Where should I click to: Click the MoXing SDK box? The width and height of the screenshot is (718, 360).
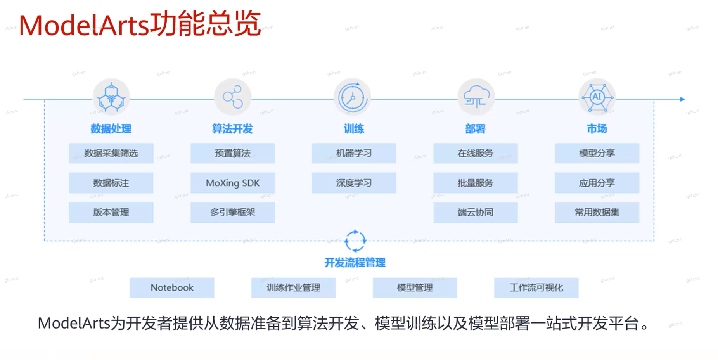(232, 183)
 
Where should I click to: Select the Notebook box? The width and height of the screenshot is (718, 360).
(172, 287)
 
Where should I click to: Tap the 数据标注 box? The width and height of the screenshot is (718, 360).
(111, 183)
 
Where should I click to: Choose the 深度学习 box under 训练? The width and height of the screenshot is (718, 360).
(354, 183)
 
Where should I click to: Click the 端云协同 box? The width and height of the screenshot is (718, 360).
(475, 212)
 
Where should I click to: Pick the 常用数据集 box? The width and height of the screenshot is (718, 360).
(597, 212)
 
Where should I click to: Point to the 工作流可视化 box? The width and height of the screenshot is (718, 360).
(536, 287)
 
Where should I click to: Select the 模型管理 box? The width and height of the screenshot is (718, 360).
(415, 287)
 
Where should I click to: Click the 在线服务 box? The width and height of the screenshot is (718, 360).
(475, 153)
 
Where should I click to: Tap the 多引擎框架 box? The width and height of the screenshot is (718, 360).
(232, 212)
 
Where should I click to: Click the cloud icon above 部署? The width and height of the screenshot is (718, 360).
(476, 97)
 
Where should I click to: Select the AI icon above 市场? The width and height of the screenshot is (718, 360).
(597, 97)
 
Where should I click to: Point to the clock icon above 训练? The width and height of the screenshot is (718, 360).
(352, 97)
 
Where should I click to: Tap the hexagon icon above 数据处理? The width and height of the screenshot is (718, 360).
(111, 97)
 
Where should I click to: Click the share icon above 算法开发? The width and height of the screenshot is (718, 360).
(233, 97)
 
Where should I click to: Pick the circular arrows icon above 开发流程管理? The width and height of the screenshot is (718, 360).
(355, 241)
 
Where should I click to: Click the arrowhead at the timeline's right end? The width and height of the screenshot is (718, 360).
(682, 99)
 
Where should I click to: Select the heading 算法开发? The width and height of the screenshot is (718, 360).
(232, 129)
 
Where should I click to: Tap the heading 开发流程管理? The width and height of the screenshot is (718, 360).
(355, 263)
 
